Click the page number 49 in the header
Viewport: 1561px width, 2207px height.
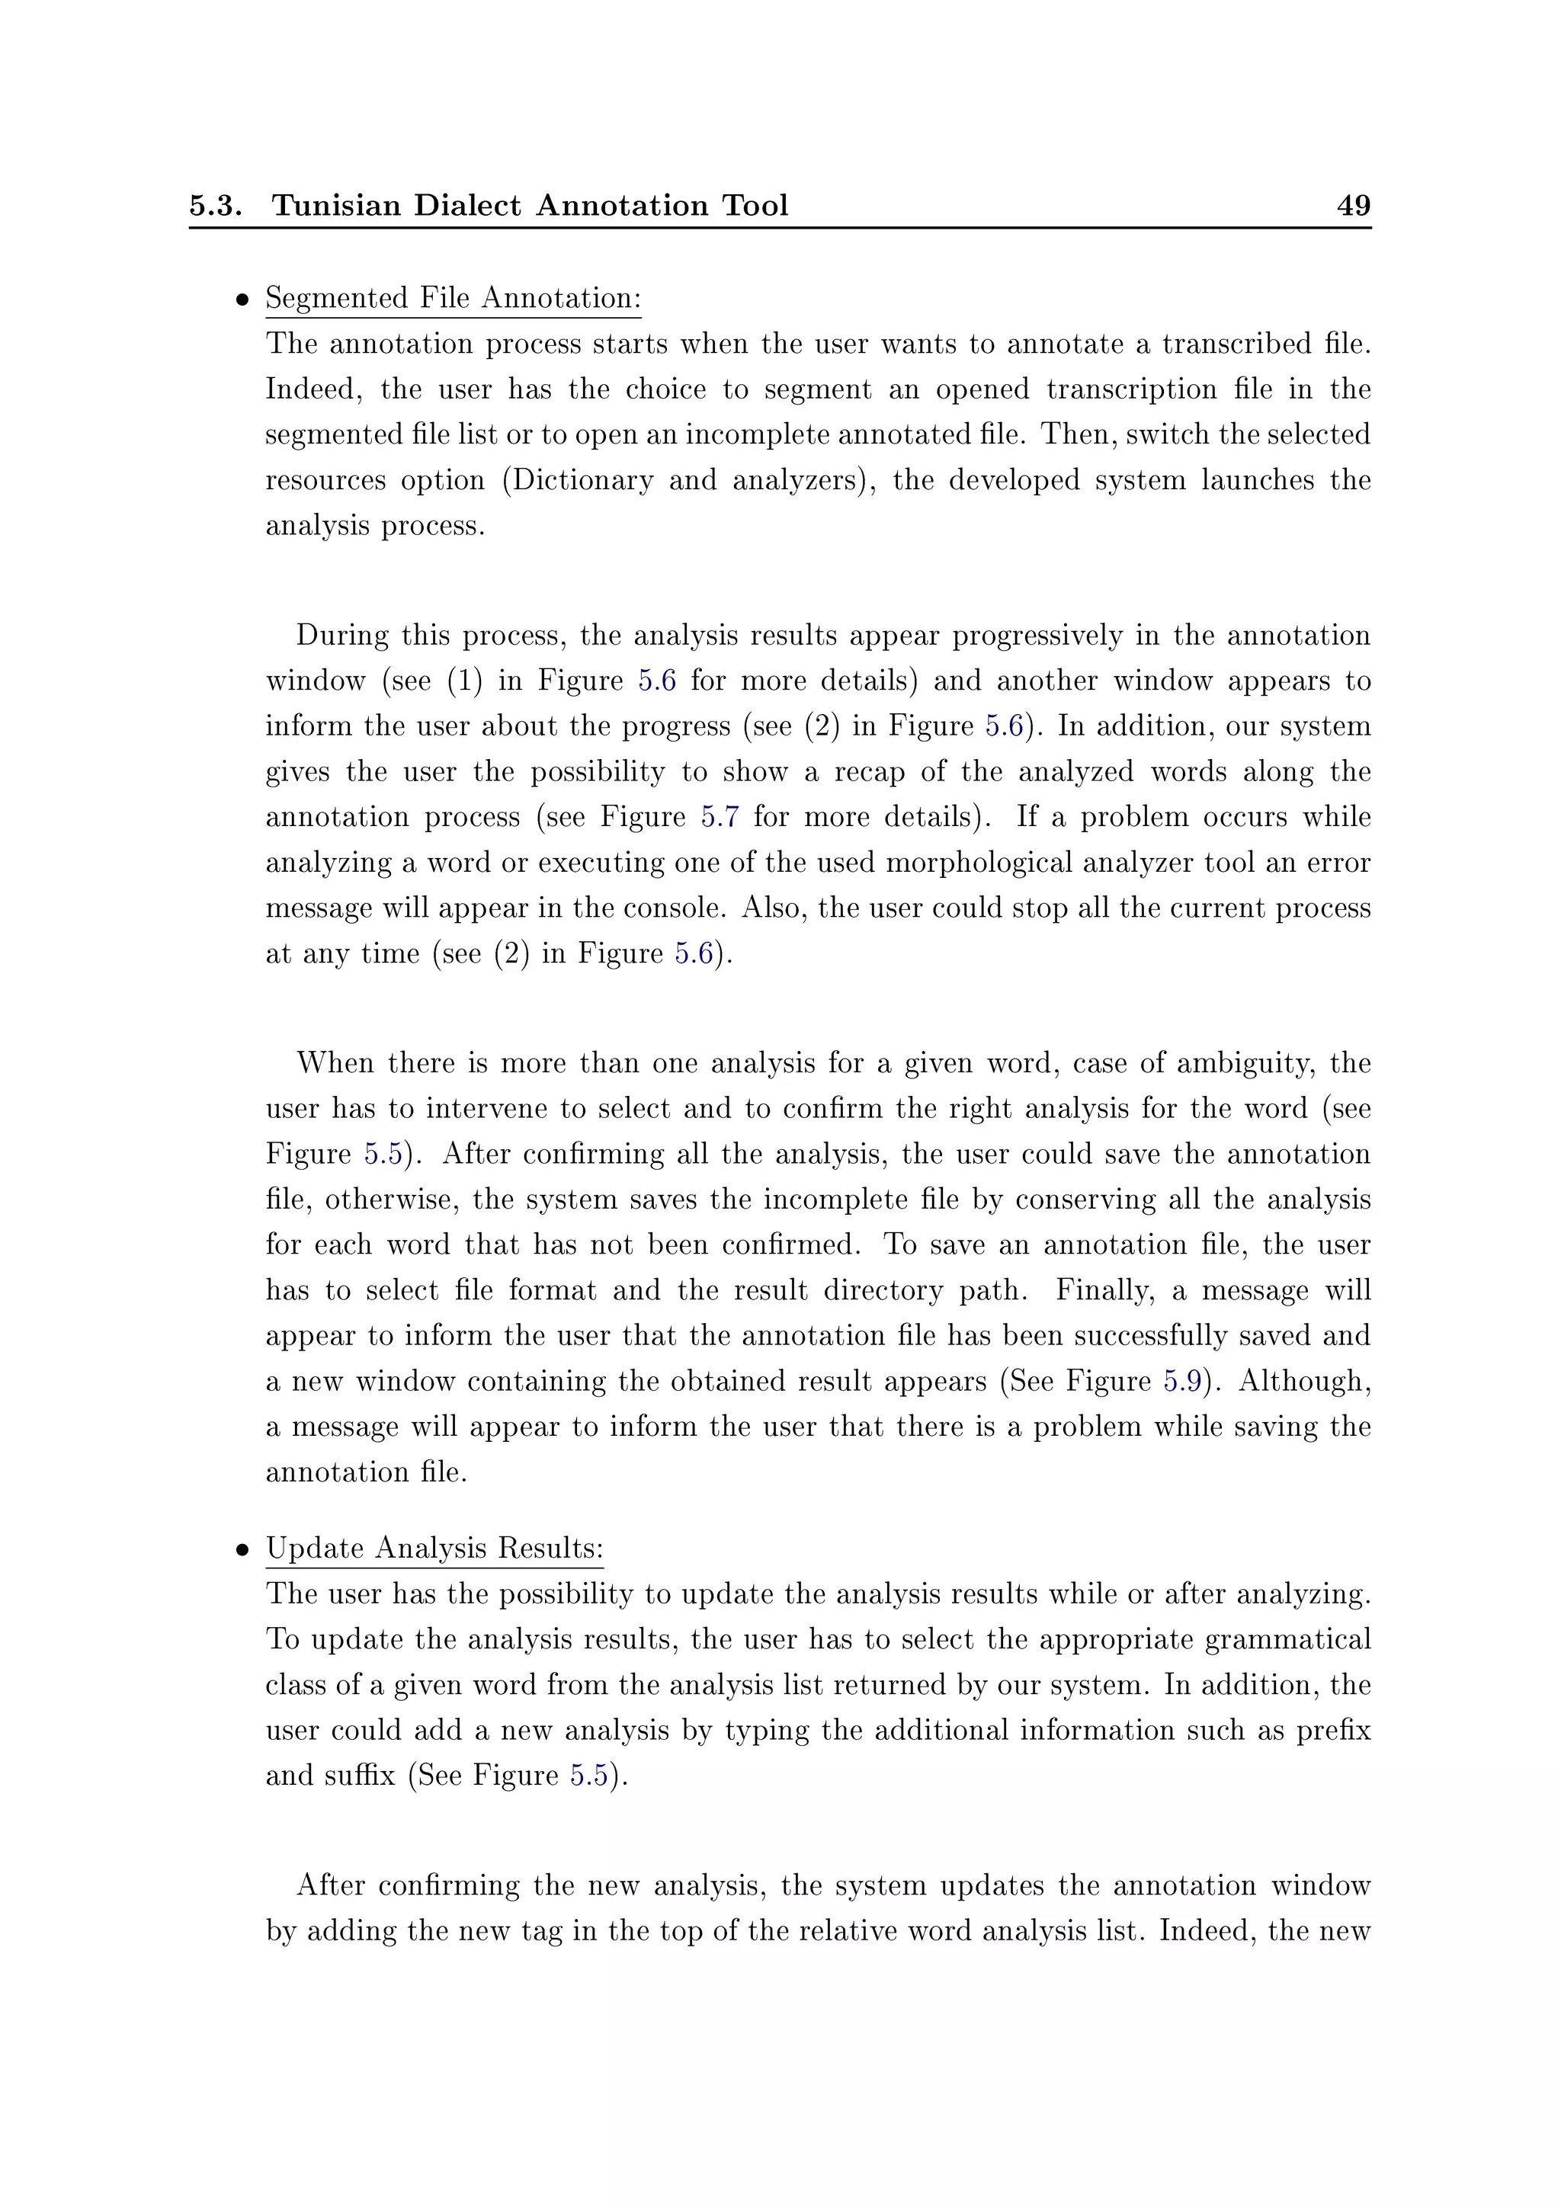coord(1354,206)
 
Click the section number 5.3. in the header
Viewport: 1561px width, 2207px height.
coord(215,206)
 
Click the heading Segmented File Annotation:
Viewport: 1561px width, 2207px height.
coord(453,298)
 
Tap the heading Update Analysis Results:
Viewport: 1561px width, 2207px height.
coord(434,1549)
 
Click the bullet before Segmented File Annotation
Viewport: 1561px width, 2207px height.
coord(243,300)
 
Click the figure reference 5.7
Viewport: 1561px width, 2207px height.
coord(719,817)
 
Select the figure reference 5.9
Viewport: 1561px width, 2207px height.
coord(1182,1382)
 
